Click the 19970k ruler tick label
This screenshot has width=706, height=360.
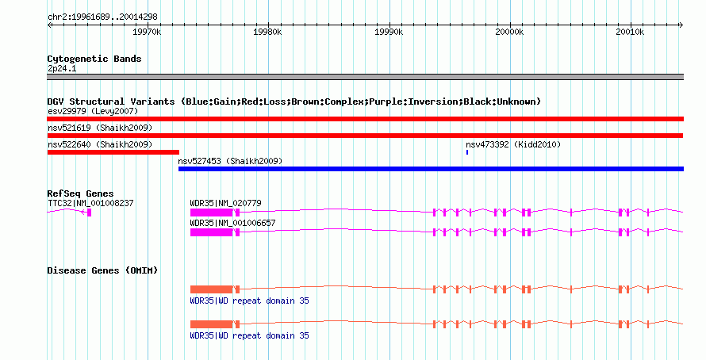tap(147, 33)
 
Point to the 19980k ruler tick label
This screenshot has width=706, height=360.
tap(267, 33)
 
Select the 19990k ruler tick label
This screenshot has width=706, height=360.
tap(388, 33)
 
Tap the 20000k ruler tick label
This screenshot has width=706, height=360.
tap(508, 33)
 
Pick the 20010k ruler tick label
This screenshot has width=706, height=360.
tap(630, 33)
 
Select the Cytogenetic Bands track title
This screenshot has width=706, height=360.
tap(94, 59)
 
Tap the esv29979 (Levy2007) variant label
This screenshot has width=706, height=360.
tap(92, 111)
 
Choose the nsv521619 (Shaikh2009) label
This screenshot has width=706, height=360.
tap(100, 128)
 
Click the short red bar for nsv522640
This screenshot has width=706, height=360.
tap(113, 152)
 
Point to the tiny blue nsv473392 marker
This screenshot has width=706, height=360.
tap(467, 152)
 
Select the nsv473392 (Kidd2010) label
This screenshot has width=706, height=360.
tap(513, 144)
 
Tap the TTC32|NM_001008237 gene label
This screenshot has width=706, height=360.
tap(90, 203)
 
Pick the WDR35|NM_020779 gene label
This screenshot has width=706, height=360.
tap(225, 203)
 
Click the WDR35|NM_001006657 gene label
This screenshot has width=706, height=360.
tap(232, 223)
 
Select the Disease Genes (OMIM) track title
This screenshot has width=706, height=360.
tap(102, 271)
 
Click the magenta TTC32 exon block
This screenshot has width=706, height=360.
tap(90, 213)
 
